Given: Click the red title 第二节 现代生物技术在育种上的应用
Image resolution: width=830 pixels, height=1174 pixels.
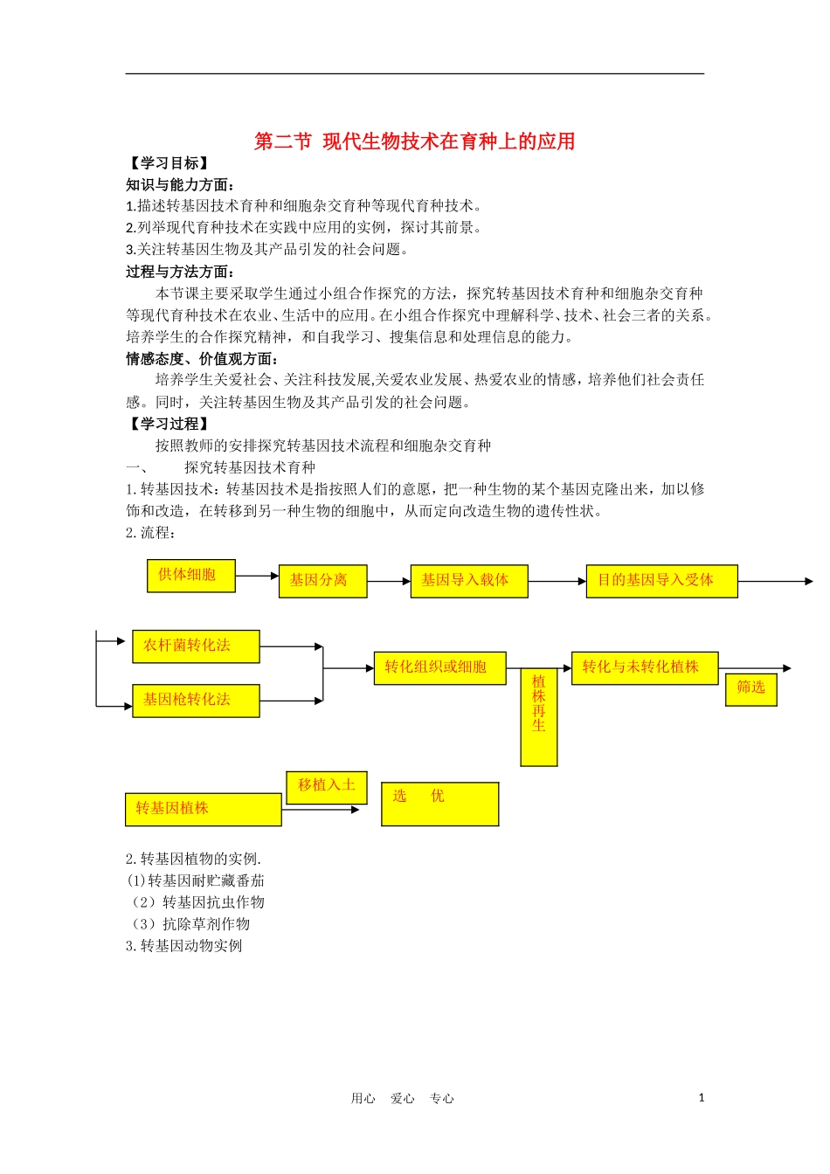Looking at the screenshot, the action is [x=414, y=142].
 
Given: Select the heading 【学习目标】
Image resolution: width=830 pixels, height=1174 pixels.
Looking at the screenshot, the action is [x=168, y=163].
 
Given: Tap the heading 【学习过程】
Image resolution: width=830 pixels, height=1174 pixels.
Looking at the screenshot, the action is [x=168, y=424].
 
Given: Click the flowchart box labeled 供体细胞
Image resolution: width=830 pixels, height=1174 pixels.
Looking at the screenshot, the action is [x=190, y=576].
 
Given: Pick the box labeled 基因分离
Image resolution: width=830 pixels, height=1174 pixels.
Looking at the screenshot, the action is [x=322, y=581].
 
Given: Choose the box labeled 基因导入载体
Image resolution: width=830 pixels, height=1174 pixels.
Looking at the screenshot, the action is [x=468, y=581].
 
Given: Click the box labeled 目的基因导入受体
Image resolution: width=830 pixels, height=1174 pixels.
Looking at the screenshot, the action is [x=661, y=581].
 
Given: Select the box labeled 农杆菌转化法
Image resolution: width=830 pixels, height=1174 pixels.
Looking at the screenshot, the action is [x=196, y=646].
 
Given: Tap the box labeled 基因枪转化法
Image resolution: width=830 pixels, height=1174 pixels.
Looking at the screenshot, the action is [x=196, y=701].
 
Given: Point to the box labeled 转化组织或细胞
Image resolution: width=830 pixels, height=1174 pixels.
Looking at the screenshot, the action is [x=439, y=668].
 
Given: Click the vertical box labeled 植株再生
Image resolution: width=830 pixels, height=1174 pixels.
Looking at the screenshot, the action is [x=539, y=717].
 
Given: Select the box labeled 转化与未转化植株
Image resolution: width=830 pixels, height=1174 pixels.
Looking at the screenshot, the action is [x=644, y=668].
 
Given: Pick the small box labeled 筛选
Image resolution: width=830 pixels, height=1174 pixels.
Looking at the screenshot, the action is [x=750, y=689].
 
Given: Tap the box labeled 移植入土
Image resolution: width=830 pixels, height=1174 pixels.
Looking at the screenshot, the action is [x=327, y=787].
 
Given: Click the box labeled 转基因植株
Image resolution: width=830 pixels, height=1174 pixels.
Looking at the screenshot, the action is [x=203, y=810].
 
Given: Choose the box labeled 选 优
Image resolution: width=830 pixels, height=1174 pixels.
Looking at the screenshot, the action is [x=439, y=804].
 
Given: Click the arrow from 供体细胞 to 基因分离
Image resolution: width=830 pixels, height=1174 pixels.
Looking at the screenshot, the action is [x=257, y=577].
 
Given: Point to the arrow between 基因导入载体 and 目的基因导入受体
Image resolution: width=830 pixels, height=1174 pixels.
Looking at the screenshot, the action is [x=557, y=581].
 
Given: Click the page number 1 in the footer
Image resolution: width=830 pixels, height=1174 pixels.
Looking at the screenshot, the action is [x=701, y=1098].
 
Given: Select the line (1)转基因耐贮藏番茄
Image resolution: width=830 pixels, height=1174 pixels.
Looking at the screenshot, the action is [x=196, y=880].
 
